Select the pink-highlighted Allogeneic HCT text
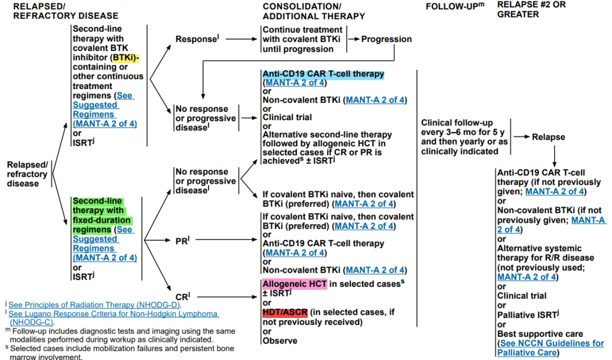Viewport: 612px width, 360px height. tap(295, 283)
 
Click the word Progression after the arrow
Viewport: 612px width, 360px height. tap(386, 39)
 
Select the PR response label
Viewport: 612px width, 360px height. tap(181, 241)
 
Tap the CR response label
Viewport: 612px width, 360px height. tap(182, 296)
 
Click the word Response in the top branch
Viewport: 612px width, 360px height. tap(196, 39)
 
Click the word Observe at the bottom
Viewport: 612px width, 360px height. tap(280, 341)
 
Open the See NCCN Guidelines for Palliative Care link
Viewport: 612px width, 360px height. tap(551, 348)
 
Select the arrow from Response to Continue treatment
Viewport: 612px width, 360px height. tap(241, 39)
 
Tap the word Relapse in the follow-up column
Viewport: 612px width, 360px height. tap(548, 137)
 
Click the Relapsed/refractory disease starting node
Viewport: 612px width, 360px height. tap(23, 174)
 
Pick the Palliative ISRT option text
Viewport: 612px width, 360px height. tap(525, 315)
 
